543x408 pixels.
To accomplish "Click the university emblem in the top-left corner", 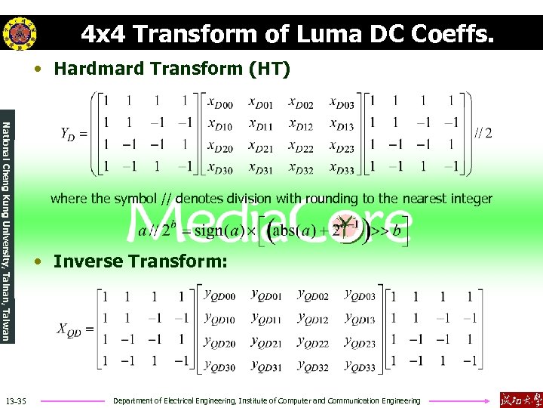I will click(19, 32).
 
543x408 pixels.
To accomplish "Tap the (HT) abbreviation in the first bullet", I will click(268, 70).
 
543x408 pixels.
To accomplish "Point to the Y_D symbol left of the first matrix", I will click(69, 133).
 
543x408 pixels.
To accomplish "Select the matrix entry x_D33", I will click(342, 168).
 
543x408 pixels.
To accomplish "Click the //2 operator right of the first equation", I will click(483, 133).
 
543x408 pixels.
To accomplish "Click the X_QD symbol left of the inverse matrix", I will click(72, 329).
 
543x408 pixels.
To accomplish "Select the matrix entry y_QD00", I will click(219, 295).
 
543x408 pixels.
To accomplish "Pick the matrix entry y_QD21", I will click(266, 342).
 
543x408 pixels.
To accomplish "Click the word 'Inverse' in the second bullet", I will click(88, 261).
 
